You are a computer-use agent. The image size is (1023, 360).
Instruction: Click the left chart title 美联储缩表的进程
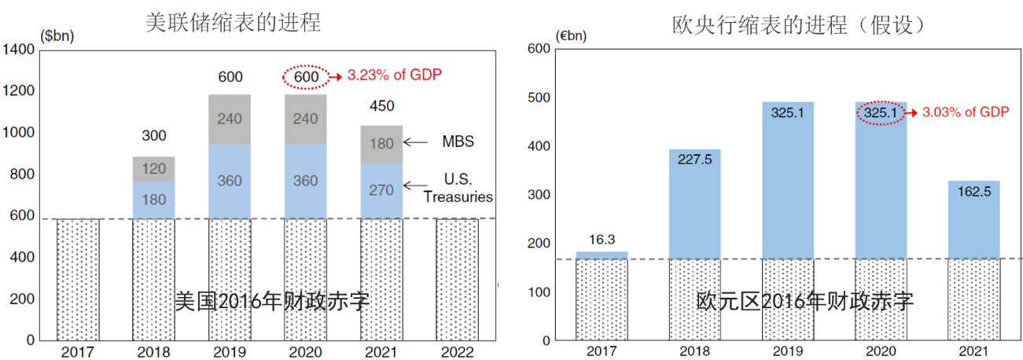234,22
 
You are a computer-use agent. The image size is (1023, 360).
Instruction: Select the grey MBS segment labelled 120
154,169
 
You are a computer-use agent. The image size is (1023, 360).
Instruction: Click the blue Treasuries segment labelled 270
381,190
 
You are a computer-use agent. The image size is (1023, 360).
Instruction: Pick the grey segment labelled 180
381,144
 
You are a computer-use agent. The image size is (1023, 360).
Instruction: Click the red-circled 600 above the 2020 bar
306,77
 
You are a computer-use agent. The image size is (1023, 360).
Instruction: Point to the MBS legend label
454,142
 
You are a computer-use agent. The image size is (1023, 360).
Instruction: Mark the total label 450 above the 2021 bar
381,106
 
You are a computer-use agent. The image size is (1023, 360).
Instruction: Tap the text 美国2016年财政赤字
271,301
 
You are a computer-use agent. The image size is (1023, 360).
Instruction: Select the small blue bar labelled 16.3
602,255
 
